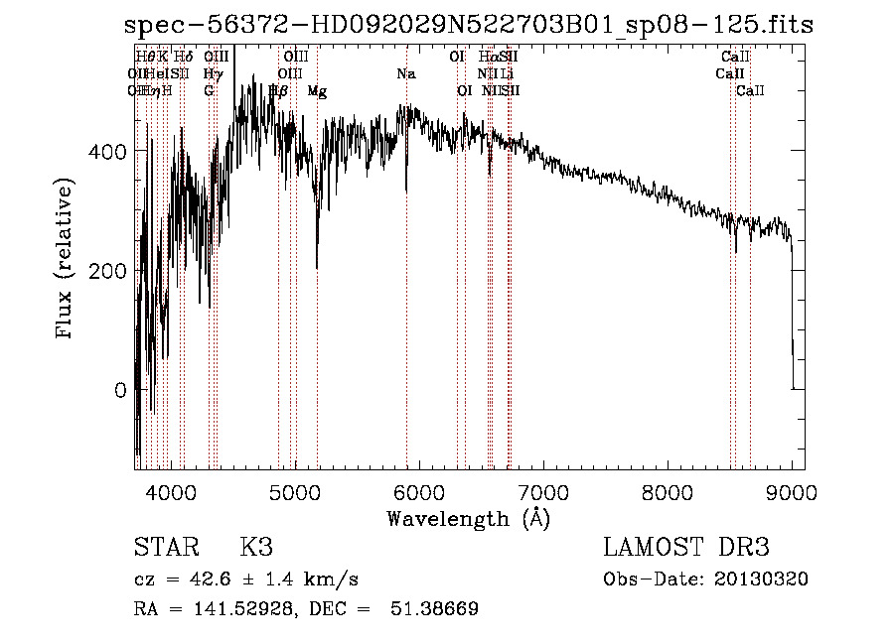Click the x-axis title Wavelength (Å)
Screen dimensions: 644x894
468,518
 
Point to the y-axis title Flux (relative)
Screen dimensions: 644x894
67,259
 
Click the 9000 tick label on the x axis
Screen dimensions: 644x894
791,491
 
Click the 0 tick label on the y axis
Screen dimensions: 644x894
120,390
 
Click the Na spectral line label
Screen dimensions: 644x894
405,73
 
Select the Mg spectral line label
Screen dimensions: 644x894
317,91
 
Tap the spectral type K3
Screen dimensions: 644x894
256,548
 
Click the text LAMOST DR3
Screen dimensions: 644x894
686,548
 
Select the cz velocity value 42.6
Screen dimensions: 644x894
221,580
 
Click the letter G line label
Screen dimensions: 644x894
209,91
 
